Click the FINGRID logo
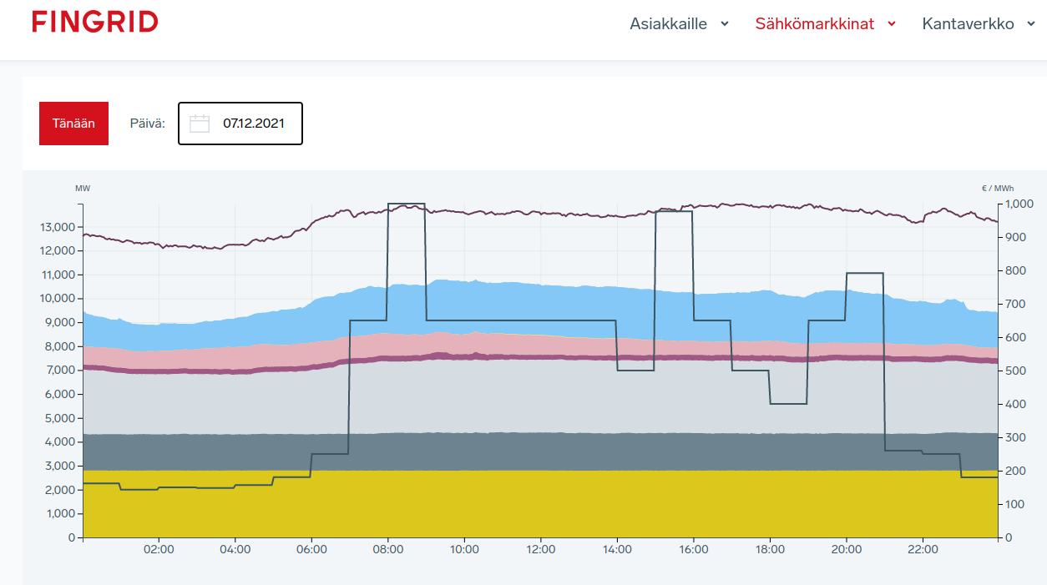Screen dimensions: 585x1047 [x=95, y=23]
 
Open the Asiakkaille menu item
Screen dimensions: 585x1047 [x=668, y=24]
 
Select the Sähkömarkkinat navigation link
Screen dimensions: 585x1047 [x=815, y=24]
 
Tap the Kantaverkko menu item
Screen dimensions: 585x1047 [x=968, y=24]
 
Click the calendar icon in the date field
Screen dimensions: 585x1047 [x=200, y=124]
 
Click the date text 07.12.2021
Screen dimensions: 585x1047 [x=254, y=124]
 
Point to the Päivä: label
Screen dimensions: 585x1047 [x=148, y=124]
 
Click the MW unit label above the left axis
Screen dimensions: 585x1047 [x=83, y=189]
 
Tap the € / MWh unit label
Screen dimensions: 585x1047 [x=996, y=189]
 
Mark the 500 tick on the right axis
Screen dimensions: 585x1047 [x=1015, y=371]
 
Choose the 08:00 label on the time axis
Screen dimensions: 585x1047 [x=388, y=550]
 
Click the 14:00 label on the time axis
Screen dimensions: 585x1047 [x=617, y=550]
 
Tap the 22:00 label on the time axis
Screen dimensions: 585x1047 [x=923, y=550]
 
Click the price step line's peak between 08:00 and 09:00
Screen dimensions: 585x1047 [x=407, y=204]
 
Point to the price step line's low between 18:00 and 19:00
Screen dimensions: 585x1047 [x=789, y=404]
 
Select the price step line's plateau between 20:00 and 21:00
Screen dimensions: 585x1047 [x=865, y=273]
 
